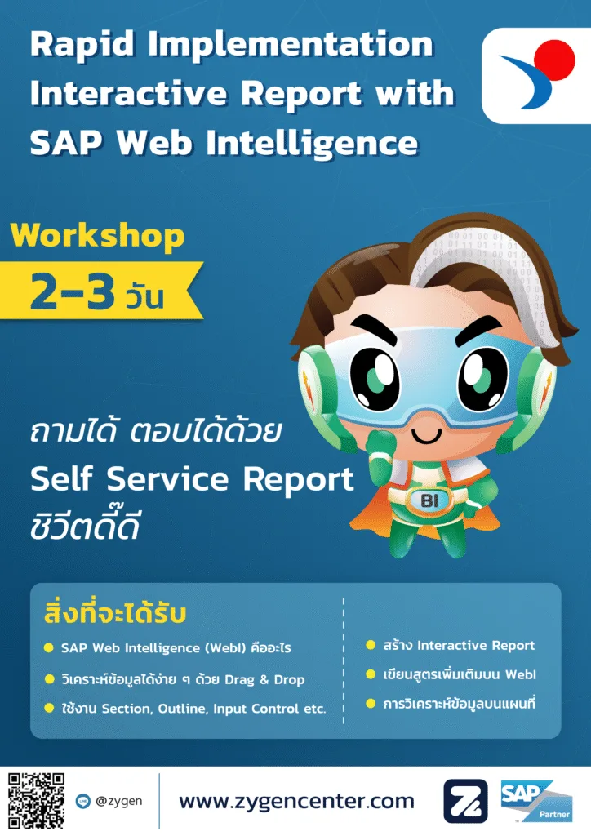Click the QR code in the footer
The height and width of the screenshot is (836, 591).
tap(36, 800)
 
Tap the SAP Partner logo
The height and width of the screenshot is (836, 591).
tap(536, 801)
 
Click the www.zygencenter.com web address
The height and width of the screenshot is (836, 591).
tap(296, 802)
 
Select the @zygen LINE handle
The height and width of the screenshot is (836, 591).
tap(119, 801)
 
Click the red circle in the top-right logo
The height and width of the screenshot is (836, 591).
tap(554, 60)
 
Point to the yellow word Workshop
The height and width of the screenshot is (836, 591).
tap(97, 235)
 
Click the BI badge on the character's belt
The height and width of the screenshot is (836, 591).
tap(429, 500)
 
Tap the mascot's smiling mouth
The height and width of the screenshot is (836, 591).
tap(426, 436)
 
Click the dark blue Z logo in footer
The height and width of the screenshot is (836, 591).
tap(465, 802)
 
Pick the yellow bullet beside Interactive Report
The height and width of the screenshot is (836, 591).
tap(371, 645)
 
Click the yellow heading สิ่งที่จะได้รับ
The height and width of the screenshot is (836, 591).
tap(115, 612)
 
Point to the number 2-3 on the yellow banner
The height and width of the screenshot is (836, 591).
tap(73, 291)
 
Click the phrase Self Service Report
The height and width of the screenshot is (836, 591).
tap(192, 478)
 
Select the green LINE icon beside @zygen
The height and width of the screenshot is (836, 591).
tap(83, 801)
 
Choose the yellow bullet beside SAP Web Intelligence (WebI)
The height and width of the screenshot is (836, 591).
tap(48, 647)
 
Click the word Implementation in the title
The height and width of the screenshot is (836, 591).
tap(291, 45)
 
